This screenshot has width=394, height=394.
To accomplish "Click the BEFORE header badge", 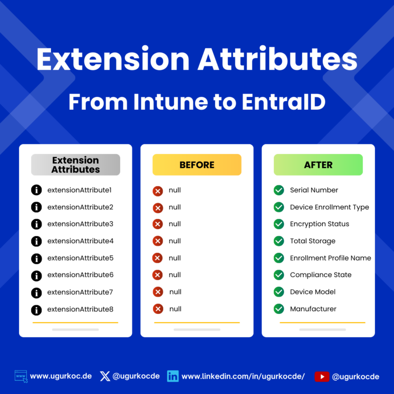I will (x=197, y=165).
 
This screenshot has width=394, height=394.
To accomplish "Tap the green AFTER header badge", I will (x=318, y=165).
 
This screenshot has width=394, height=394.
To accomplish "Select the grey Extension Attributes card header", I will (x=75, y=165).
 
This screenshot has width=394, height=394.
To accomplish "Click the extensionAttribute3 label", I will (x=80, y=224).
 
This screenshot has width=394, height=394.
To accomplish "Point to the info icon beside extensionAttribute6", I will (x=36, y=275).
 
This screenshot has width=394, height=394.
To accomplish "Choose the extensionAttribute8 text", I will (x=80, y=309).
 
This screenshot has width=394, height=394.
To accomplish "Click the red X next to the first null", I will (x=158, y=191).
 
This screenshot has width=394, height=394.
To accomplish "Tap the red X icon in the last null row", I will (x=158, y=309).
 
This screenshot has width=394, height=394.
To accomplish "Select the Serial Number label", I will (x=314, y=190).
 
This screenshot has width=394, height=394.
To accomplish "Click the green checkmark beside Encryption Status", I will (x=279, y=224).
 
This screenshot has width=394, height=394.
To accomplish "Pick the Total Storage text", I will (x=312, y=241).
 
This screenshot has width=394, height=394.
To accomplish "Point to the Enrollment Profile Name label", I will (x=330, y=258).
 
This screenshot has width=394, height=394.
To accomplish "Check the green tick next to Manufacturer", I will (x=279, y=309).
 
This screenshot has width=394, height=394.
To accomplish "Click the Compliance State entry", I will (x=321, y=275).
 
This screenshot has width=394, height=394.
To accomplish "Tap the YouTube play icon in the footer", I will (x=322, y=377).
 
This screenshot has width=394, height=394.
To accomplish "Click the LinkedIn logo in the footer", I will (x=173, y=377).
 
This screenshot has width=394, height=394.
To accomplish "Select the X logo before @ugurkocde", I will (x=105, y=376).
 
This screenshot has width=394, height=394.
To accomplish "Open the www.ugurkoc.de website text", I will (x=61, y=376).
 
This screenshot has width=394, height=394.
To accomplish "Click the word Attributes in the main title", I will (x=278, y=60).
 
